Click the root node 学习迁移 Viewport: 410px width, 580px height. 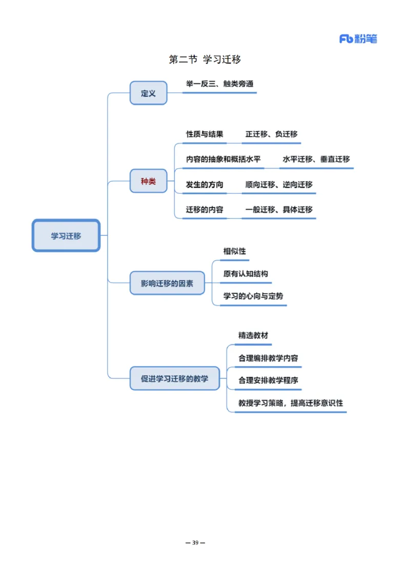coord(66,236)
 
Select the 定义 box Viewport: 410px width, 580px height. coord(148,93)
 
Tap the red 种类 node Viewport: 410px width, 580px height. coord(148,181)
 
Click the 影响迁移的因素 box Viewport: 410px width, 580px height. coord(167,283)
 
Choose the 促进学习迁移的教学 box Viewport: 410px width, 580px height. coord(175,378)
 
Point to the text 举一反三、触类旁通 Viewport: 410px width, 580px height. coord(219,84)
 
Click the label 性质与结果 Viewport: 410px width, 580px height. coord(204,134)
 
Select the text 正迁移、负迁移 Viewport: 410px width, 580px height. coord(271,134)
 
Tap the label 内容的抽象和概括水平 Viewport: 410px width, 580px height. coord(223,159)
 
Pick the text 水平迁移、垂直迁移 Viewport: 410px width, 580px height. coord(316,159)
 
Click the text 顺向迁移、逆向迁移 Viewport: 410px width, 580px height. coord(279,185)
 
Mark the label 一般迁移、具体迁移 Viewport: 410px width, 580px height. coord(279,210)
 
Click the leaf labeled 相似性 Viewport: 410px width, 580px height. coord(235,251)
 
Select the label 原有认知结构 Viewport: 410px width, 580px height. coord(245,274)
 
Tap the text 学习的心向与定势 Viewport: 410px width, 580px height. coord(253,296)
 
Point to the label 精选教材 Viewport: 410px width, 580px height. coord(253,335)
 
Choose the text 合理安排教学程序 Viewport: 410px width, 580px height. coord(269,381)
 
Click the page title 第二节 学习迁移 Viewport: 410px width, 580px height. coord(205,59)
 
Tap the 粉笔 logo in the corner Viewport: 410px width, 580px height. coord(358,39)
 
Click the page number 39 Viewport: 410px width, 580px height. coord(195,543)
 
